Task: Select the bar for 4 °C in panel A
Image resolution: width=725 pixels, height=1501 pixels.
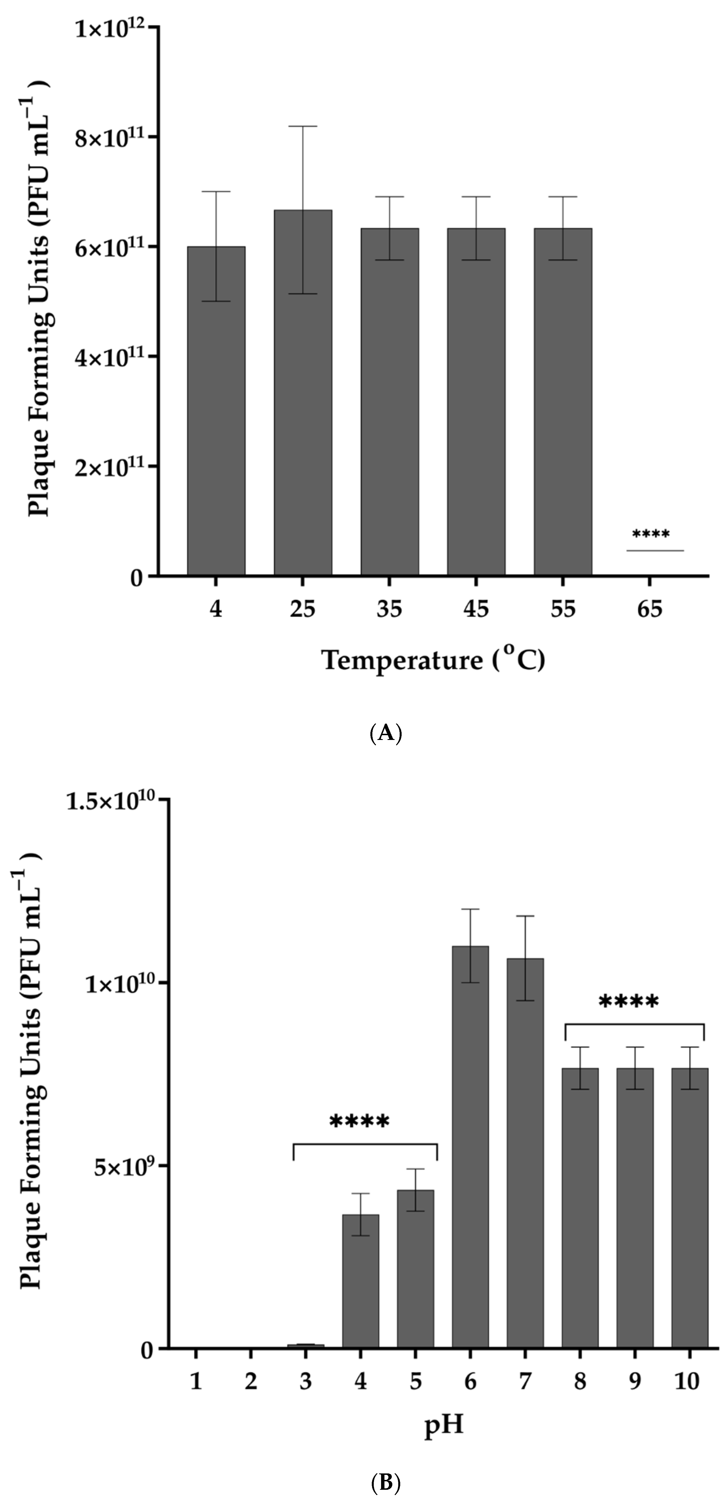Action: point(216,411)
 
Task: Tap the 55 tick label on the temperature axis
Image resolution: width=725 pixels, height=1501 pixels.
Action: point(563,609)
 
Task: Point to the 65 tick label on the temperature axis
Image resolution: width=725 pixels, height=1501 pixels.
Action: point(650,609)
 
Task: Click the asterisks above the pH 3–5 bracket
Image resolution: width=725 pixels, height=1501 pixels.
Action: point(360,1122)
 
